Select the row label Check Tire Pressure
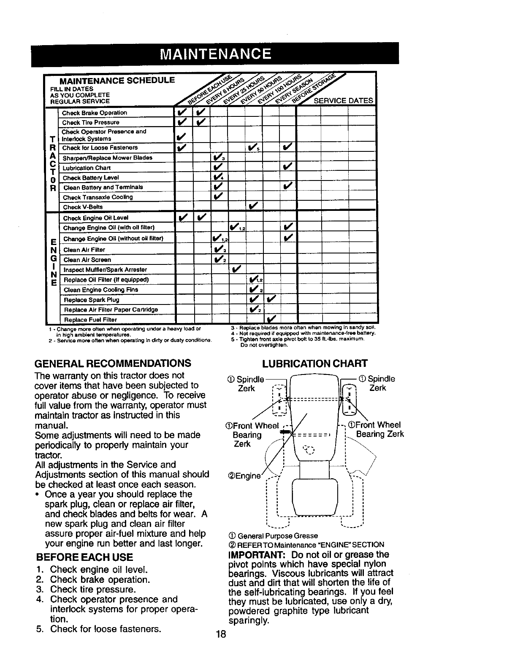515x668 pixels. pos(90,123)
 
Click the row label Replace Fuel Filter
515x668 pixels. pos(90,320)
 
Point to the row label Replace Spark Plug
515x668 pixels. pos(91,300)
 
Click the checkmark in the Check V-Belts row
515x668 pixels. pos(253,206)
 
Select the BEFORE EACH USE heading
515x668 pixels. pos(85,557)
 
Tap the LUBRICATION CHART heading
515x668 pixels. pos(315,364)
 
